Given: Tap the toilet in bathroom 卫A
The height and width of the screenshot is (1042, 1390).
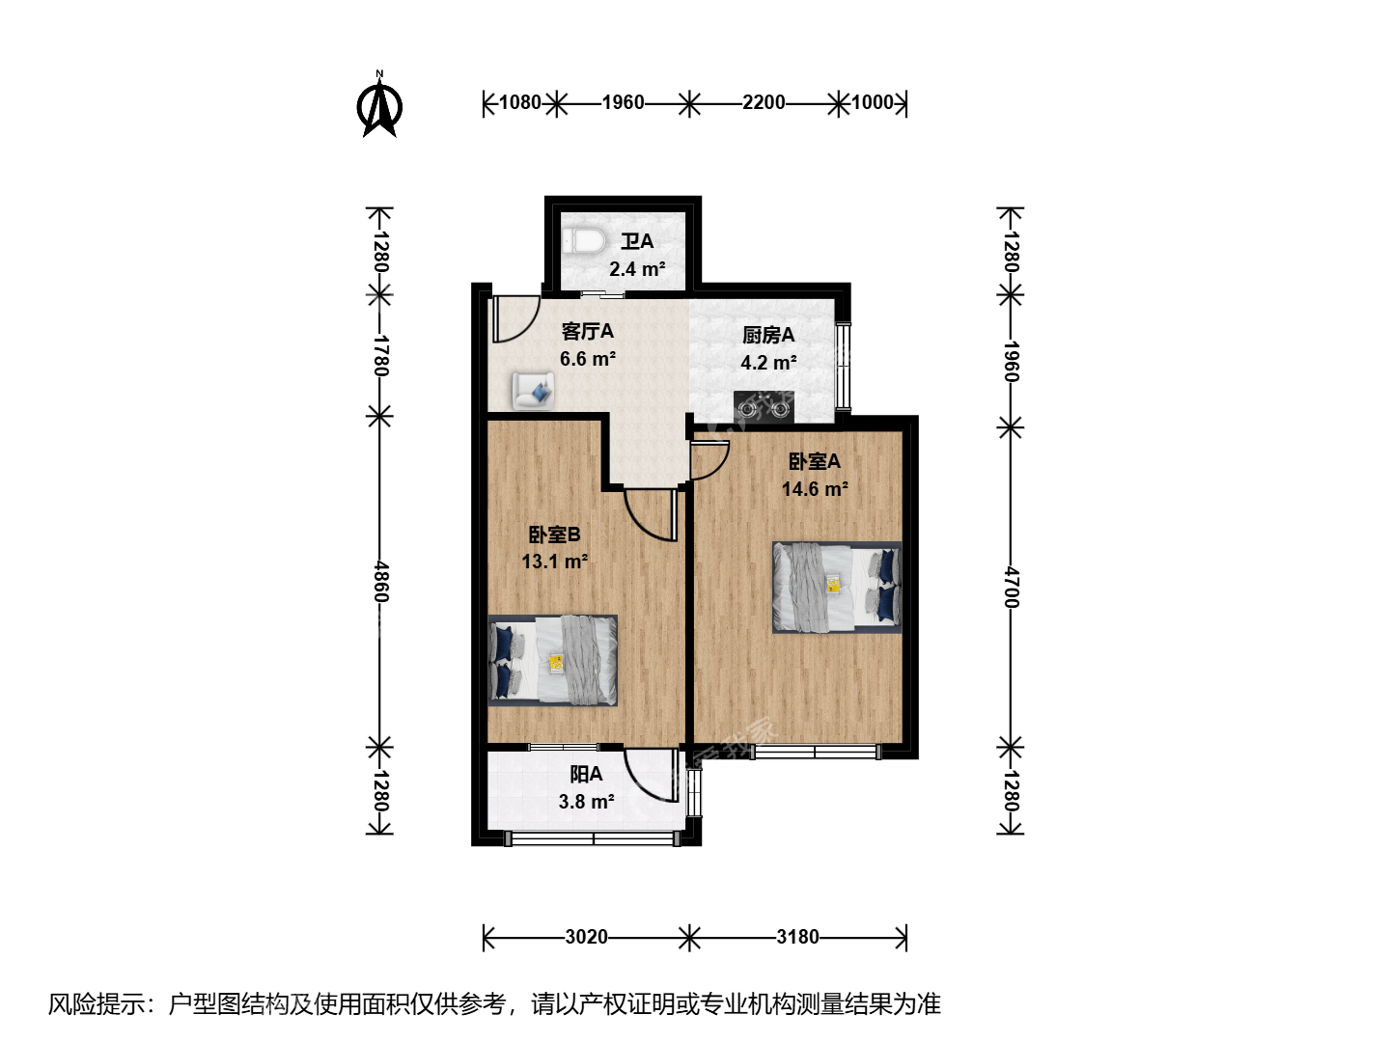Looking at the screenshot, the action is click(583, 241).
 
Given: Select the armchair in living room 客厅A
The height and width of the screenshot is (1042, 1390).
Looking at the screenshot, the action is click(533, 391).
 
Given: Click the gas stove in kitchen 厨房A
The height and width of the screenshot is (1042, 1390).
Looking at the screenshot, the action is click(764, 407).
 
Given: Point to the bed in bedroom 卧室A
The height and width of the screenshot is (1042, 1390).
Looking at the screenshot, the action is click(837, 588).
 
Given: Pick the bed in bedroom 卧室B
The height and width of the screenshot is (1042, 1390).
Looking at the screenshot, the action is click(553, 661).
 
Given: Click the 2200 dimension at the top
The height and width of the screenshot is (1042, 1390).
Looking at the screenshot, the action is click(764, 102).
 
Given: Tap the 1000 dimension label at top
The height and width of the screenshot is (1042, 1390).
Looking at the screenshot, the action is click(872, 102).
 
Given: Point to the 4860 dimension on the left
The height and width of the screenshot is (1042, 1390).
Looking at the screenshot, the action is click(380, 582).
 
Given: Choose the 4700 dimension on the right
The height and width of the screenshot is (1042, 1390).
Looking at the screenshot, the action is click(1011, 588).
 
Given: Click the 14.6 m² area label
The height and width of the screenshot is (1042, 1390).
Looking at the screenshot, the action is click(815, 489).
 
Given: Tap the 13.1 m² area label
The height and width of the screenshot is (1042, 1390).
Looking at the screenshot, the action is click(555, 562).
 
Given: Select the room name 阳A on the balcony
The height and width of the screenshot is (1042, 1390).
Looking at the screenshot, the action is click(586, 774).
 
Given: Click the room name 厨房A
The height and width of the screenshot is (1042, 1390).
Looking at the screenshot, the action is click(768, 335).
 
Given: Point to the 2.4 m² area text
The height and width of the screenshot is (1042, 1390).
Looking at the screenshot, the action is click(637, 269).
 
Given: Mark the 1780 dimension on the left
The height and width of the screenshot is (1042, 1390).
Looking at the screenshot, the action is click(380, 356).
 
